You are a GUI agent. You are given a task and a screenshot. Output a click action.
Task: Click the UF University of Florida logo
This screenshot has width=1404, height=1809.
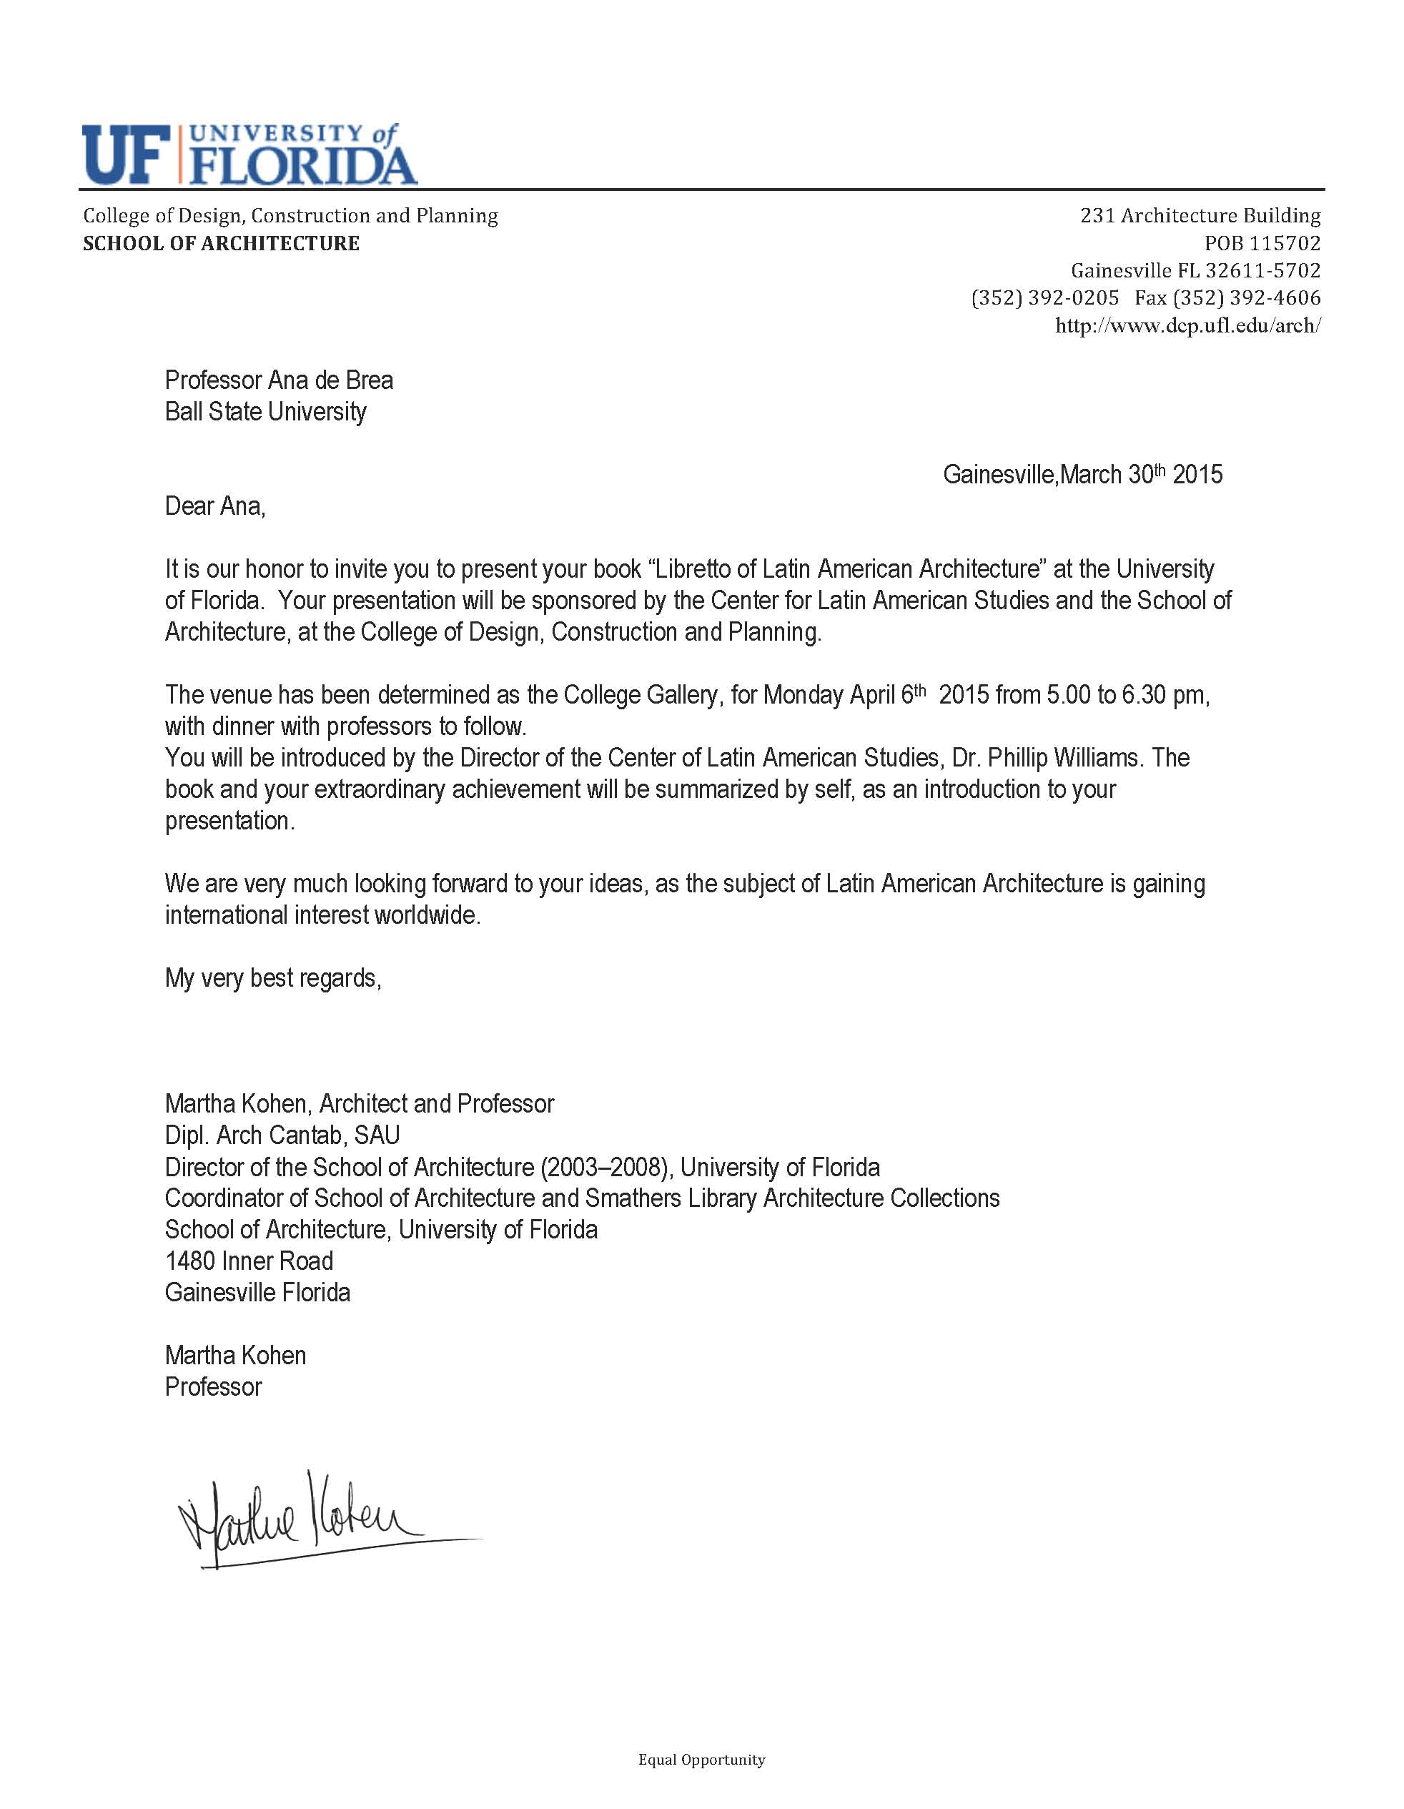click(x=249, y=155)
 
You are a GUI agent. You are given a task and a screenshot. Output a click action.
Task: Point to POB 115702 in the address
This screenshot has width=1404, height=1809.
click(x=1262, y=244)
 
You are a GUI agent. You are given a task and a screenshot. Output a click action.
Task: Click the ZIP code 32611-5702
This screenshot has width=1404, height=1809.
click(x=1262, y=271)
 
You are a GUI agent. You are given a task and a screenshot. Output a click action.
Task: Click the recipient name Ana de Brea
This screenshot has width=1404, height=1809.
click(x=330, y=380)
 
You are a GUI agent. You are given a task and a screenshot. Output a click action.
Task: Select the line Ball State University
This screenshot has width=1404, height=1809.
click(x=265, y=412)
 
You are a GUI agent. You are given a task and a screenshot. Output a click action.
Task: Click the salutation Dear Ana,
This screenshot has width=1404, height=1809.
click(x=215, y=506)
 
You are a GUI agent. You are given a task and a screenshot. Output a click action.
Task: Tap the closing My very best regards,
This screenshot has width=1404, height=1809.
click(x=272, y=978)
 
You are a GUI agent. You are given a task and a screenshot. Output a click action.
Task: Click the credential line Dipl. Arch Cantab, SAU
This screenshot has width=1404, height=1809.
click(x=282, y=1135)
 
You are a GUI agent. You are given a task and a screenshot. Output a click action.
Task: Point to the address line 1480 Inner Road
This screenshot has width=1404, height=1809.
click(x=249, y=1261)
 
